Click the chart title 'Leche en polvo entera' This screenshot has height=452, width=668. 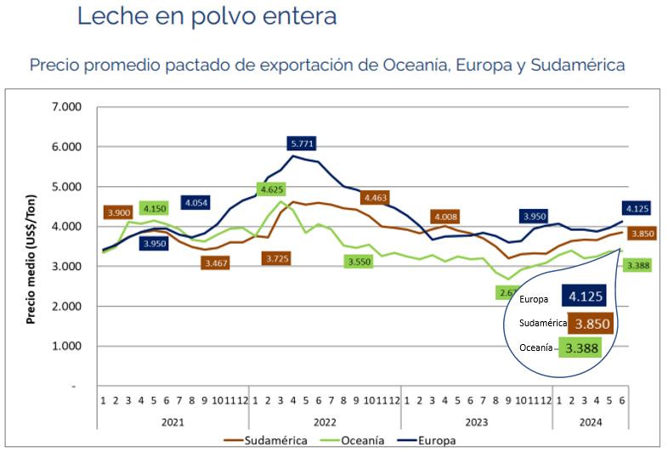coord(207,16)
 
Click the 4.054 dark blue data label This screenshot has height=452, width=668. coord(196,203)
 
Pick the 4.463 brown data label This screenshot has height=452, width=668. coord(376,198)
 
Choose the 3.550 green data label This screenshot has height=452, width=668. coord(361,261)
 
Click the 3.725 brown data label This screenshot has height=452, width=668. coord(277,257)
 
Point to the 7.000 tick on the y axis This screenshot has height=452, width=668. coord(65,107)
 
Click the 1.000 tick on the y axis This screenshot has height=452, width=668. coord(65,347)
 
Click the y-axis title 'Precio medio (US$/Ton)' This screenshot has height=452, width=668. coord(31,246)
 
